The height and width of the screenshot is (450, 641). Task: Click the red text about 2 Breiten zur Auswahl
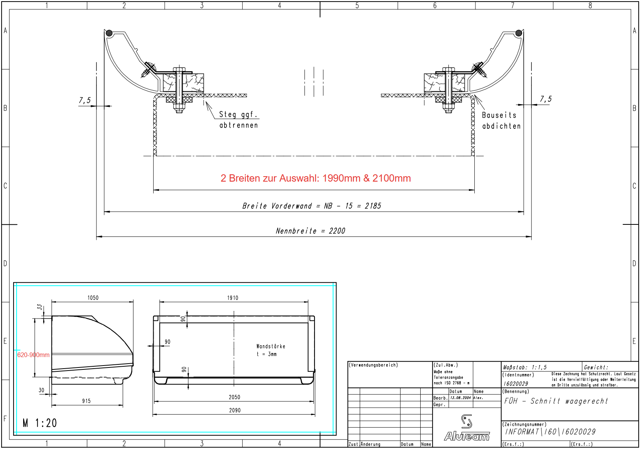(x=315, y=178)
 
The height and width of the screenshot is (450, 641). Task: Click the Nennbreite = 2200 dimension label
(x=310, y=231)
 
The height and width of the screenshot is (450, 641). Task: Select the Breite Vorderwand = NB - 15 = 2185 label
(x=311, y=206)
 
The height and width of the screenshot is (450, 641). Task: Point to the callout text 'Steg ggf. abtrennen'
(x=238, y=120)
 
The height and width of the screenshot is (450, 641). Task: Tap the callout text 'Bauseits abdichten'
(x=501, y=121)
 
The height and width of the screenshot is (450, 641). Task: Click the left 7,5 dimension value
(x=85, y=101)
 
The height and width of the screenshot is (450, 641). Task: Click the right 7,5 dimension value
(x=545, y=99)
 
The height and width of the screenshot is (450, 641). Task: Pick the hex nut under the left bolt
(x=178, y=107)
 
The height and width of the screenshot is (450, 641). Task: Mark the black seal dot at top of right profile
(x=519, y=33)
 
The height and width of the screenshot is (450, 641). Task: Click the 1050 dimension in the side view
(x=93, y=298)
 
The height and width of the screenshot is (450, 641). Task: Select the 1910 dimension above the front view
(x=232, y=298)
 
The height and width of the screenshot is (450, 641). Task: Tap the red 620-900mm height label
(x=33, y=355)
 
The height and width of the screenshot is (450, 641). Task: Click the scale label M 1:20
(x=40, y=423)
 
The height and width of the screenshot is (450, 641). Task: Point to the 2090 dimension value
(x=235, y=410)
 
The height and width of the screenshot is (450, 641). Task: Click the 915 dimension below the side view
(x=86, y=401)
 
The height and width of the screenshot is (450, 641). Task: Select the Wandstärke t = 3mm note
(x=271, y=350)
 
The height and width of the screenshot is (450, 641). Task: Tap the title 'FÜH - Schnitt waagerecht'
(x=556, y=401)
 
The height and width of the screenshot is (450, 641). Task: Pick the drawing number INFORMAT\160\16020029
(x=550, y=432)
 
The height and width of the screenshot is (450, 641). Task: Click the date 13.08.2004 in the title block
(x=460, y=398)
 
